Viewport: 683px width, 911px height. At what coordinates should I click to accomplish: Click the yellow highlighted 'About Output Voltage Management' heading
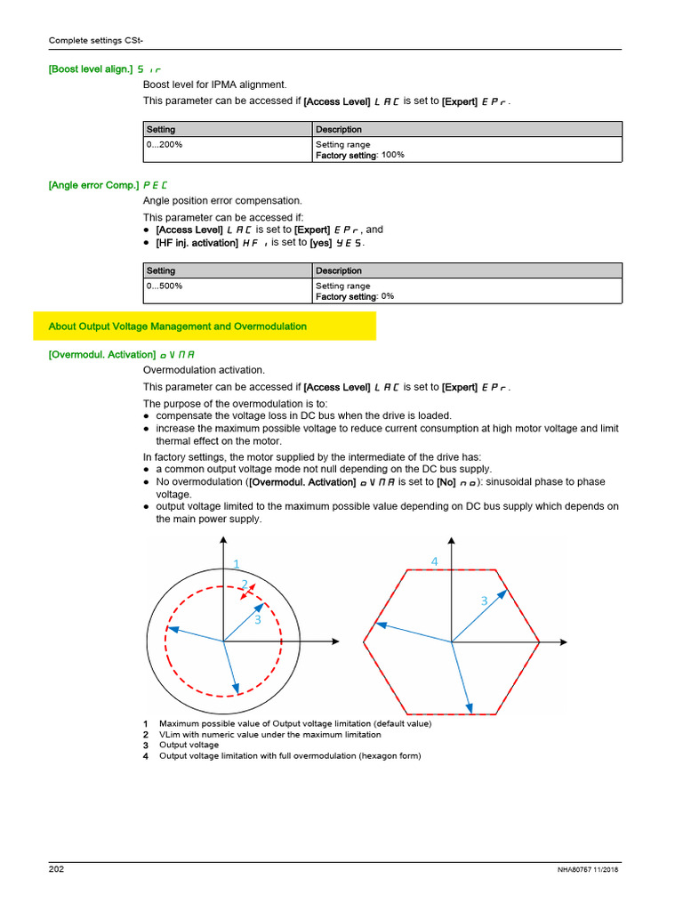[x=177, y=327]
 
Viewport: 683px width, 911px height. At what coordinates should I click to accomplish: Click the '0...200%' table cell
[x=165, y=144]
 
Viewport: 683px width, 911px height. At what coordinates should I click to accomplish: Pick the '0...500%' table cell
[x=165, y=286]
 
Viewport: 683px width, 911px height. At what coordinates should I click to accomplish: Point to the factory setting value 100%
[x=392, y=155]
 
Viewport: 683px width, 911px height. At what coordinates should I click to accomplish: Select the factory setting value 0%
[x=387, y=296]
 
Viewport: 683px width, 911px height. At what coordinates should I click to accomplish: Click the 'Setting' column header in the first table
[x=161, y=130]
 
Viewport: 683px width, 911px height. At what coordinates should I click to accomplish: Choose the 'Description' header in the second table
[x=339, y=270]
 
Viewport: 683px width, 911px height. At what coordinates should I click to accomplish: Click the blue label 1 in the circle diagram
[x=237, y=563]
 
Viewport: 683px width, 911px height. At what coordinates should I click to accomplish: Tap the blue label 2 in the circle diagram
[x=244, y=584]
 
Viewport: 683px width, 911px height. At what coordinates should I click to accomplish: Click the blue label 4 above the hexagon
[x=435, y=561]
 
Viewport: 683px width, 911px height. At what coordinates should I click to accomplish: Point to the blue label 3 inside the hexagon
[x=485, y=601]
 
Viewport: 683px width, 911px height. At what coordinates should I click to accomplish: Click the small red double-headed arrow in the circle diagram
[x=253, y=591]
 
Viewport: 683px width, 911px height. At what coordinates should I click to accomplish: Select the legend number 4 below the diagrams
[x=145, y=756]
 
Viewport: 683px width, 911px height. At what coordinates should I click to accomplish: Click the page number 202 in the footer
[x=56, y=869]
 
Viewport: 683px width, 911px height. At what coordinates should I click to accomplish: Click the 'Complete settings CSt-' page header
[x=90, y=40]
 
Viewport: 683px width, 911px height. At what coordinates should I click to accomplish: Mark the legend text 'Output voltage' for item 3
[x=189, y=746]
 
